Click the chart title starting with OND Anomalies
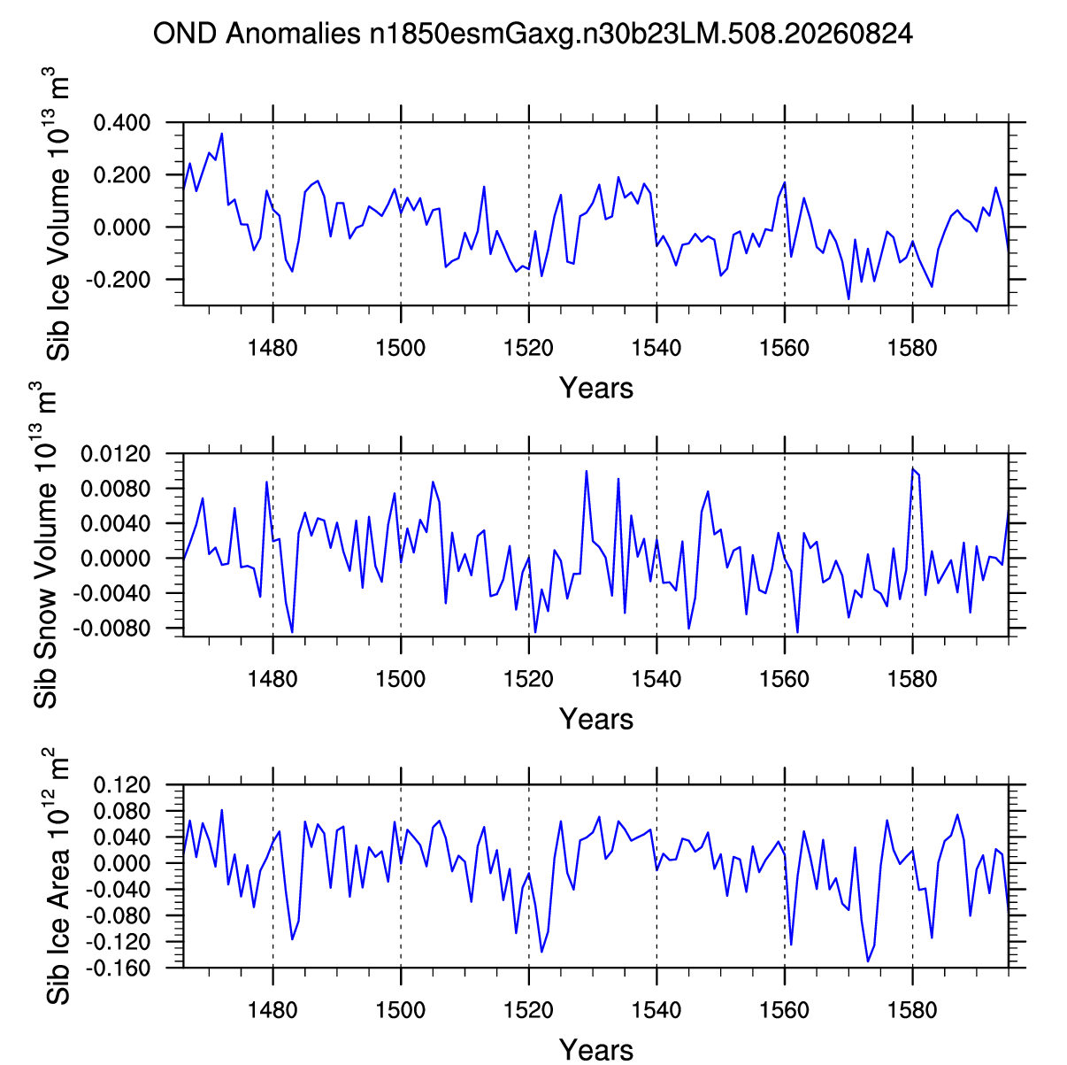click(x=533, y=35)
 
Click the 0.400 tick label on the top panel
click(x=122, y=122)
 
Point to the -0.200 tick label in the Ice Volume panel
click(x=118, y=280)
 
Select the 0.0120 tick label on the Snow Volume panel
click(x=116, y=454)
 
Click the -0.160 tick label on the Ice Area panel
click(x=118, y=968)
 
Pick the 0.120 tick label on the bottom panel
click(x=122, y=785)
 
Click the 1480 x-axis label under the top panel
click(x=273, y=348)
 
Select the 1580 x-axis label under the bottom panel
click(x=912, y=1010)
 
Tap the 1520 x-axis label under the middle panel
click(x=528, y=679)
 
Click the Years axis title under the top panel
click(x=595, y=388)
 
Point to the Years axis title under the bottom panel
click(x=595, y=1049)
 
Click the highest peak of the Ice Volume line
click(x=221, y=134)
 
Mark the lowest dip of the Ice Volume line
click(x=848, y=299)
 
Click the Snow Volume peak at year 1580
click(x=912, y=469)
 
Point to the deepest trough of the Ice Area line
click(x=868, y=961)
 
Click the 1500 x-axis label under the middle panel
click(x=400, y=679)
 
